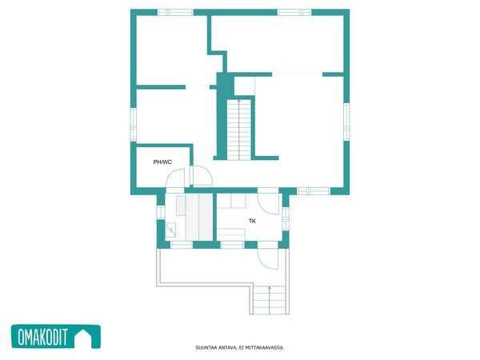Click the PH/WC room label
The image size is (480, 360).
point(162,162)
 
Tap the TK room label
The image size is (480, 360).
point(252,221)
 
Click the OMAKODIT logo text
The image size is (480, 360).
point(42,337)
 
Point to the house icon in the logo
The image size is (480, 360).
point(84,338)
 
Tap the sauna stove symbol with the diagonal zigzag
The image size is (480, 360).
point(170,230)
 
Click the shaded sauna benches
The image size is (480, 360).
point(199,217)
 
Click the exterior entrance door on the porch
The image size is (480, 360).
point(268,259)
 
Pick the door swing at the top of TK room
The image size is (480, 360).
point(269,203)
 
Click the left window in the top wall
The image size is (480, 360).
point(175,12)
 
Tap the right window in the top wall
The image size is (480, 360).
point(294,12)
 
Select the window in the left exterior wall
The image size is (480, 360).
point(134,124)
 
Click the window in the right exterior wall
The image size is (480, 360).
point(346,122)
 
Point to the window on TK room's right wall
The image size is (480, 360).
point(286,218)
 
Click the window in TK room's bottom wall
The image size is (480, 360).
point(232,245)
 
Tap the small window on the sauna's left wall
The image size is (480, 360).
point(161,212)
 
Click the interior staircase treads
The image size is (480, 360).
point(238,130)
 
